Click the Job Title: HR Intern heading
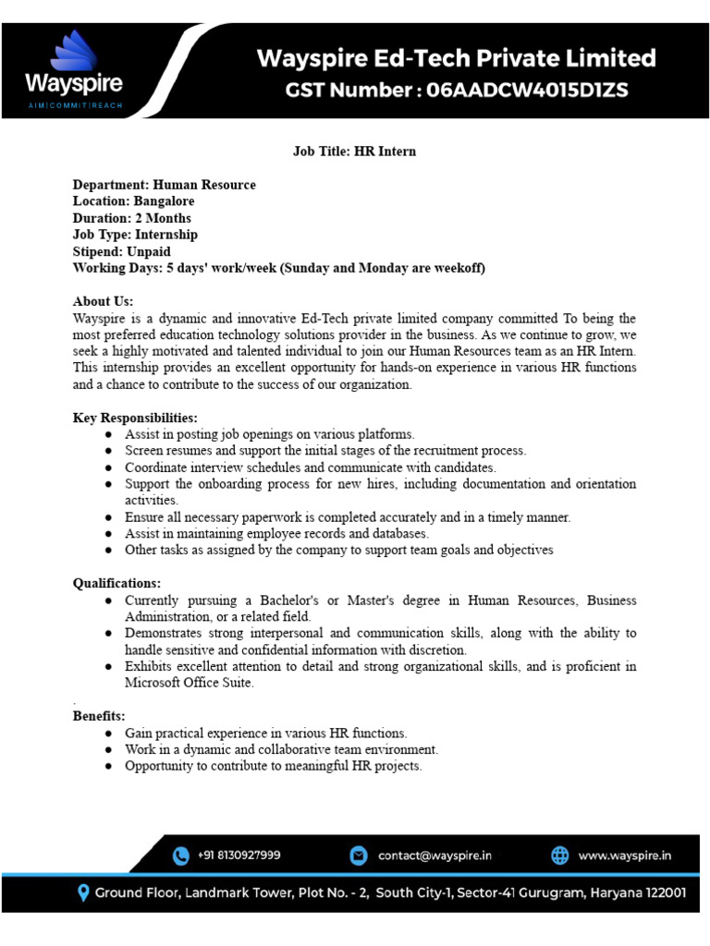pyautogui.click(x=354, y=151)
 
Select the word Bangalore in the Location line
pyautogui.click(x=164, y=201)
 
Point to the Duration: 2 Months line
pyautogui.click(x=132, y=218)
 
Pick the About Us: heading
pyautogui.click(x=104, y=301)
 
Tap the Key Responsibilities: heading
pyautogui.click(x=135, y=418)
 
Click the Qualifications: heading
pyautogui.click(x=116, y=583)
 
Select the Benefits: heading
pyautogui.click(x=99, y=716)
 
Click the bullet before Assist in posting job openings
pyautogui.click(x=108, y=434)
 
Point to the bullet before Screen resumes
pyautogui.click(x=108, y=451)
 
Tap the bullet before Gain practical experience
pyautogui.click(x=108, y=733)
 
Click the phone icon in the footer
pyautogui.click(x=180, y=856)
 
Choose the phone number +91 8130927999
pyautogui.click(x=239, y=856)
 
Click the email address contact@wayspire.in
pyautogui.click(x=435, y=856)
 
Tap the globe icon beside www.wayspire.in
pyautogui.click(x=560, y=856)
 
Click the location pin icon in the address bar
pyautogui.click(x=83, y=893)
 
